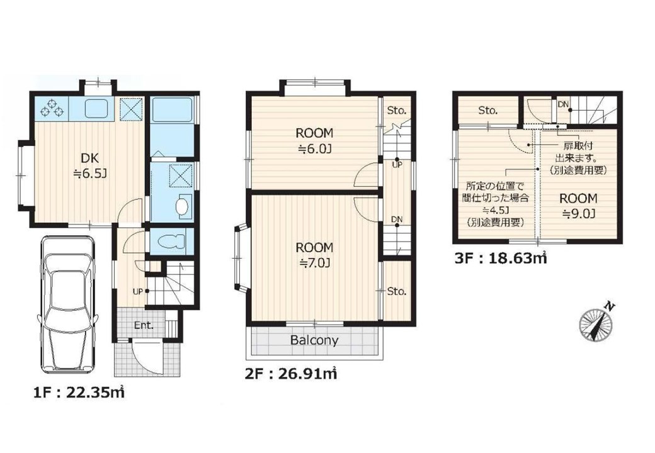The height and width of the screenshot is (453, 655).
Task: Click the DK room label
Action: click(90, 165)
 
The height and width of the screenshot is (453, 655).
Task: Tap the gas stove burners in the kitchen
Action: click(52, 107)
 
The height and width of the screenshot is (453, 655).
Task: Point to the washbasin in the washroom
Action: click(183, 206)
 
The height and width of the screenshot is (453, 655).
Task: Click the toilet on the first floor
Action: click(170, 241)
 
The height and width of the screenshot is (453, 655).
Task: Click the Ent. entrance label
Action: click(144, 325)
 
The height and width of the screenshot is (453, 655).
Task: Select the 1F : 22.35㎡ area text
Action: click(79, 393)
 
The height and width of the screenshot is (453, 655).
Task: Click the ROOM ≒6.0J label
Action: click(314, 141)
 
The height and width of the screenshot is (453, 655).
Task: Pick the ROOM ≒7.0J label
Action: click(314, 255)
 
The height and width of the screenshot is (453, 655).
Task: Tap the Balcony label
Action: click(314, 340)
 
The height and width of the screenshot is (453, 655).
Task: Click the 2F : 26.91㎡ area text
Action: click(291, 373)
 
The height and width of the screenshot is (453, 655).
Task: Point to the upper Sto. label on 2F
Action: click(396, 111)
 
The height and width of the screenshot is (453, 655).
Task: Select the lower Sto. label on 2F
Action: click(396, 291)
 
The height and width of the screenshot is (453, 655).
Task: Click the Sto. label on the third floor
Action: click(488, 111)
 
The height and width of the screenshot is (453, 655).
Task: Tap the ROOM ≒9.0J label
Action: click(579, 206)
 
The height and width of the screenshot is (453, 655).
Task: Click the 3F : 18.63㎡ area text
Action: click(501, 259)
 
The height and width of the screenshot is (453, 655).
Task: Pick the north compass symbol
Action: click(597, 322)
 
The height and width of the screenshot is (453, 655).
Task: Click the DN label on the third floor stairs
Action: click(563, 104)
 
